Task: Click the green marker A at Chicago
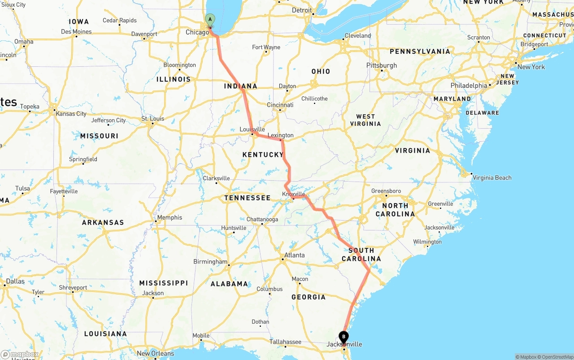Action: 210,20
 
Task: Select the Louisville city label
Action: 252,130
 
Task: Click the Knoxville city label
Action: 293,194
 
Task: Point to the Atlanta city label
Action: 294,255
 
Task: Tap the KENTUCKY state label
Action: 263,155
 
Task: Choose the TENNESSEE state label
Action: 248,198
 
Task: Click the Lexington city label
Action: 280,135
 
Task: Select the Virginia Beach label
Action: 492,178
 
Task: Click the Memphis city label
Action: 169,217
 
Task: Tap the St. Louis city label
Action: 153,119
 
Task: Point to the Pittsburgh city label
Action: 382,65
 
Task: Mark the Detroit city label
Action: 302,10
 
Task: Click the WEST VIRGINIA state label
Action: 365,120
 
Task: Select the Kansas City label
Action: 71,113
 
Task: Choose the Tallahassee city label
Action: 286,342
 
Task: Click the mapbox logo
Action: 20,355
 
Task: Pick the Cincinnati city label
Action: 280,105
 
